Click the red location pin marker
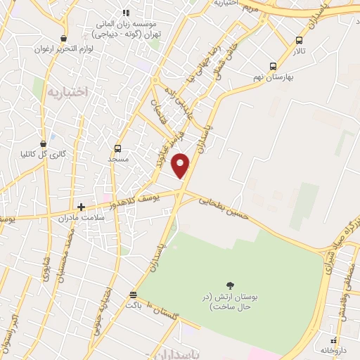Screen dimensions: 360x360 tap(181, 165)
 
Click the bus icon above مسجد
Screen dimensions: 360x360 tap(117, 148)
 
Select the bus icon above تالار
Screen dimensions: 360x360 tap(300, 40)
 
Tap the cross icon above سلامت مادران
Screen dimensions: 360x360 tap(82, 207)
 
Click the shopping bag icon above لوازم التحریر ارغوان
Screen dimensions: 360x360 tap(64, 39)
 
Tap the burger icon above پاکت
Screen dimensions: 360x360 tap(134, 293)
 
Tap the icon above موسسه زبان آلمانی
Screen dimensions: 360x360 tap(126, 13)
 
